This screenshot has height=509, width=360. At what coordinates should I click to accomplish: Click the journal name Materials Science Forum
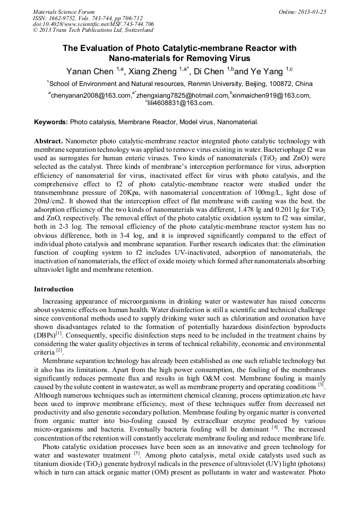[x=64, y=11]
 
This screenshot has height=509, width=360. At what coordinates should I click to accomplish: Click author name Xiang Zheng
[x=153, y=71]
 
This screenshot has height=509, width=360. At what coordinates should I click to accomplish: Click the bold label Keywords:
[x=51, y=122]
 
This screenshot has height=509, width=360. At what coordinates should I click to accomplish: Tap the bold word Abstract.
[x=49, y=141]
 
